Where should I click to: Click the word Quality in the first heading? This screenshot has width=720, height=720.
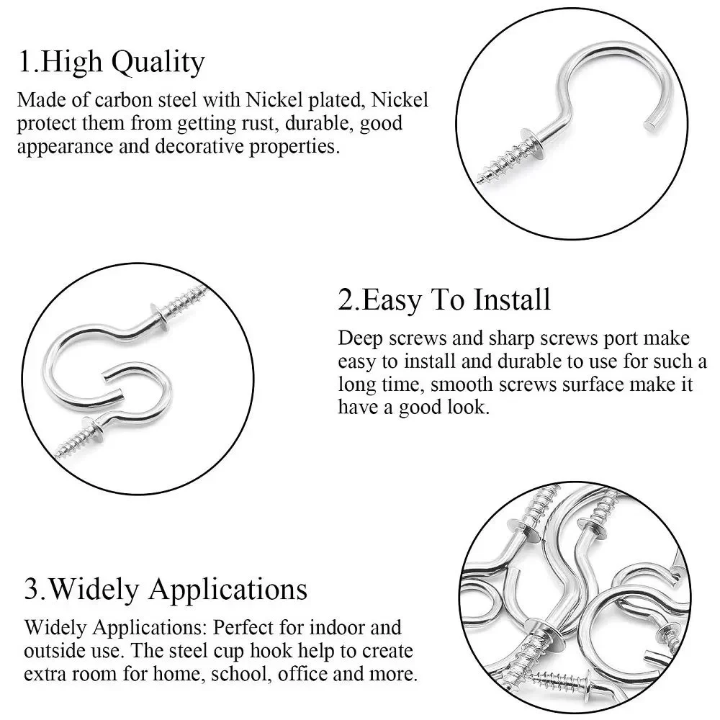click(158, 63)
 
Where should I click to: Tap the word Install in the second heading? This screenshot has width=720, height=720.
click(512, 300)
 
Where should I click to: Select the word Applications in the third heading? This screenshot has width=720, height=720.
click(228, 590)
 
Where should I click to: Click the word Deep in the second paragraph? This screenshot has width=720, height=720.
click(361, 339)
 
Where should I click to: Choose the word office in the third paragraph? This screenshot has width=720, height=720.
click(302, 674)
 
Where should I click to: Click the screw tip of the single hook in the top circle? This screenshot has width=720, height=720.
click(480, 179)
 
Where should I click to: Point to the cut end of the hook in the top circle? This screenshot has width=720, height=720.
click(650, 124)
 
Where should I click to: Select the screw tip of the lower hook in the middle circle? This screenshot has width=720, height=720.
click(56, 455)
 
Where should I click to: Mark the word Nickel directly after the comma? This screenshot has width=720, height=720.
click(400, 99)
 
